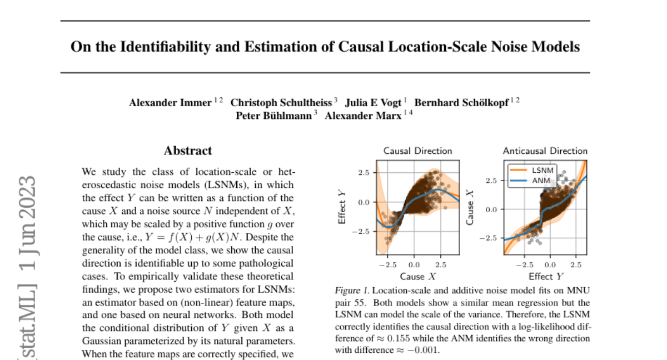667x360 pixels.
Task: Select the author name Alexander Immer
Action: click(171, 102)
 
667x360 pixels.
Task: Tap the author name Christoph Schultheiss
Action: click(281, 102)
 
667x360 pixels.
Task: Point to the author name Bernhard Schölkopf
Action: click(461, 102)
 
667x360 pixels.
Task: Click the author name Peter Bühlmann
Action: click(273, 116)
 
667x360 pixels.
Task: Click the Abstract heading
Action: click(188, 151)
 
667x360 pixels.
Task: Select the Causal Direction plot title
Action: click(417, 151)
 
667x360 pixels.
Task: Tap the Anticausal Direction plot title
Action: click(545, 151)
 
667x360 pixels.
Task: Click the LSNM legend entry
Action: click(542, 171)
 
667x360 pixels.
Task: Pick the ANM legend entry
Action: click(541, 181)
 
